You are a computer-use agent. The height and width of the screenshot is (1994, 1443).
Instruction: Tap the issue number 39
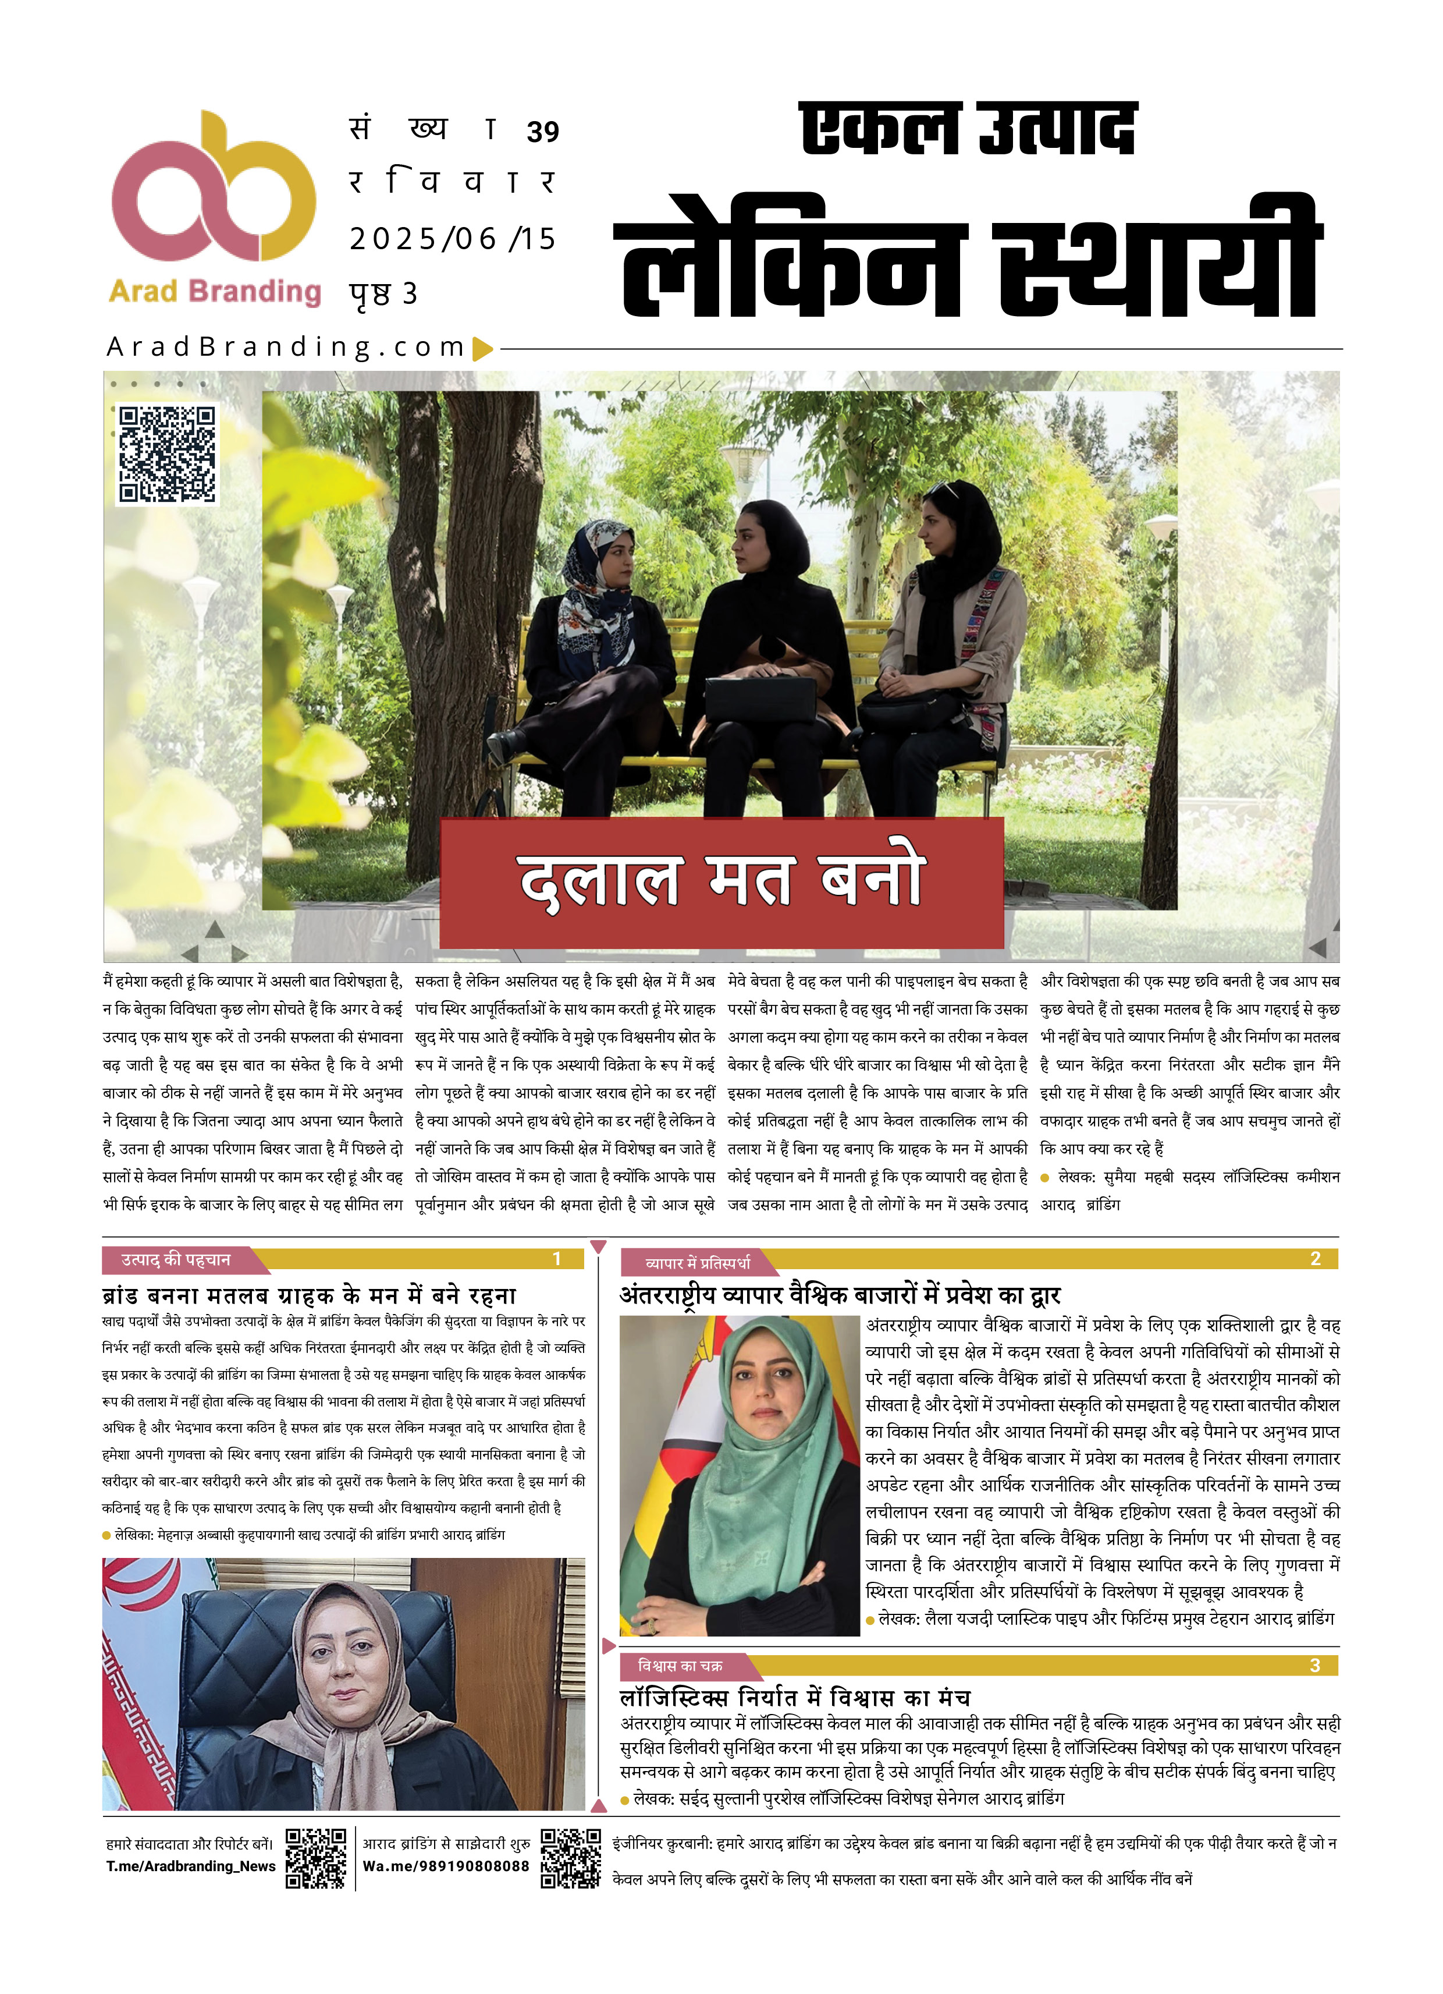(543, 132)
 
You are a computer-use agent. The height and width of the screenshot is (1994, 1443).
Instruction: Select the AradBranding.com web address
(286, 348)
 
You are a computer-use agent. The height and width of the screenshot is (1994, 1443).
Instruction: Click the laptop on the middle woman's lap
(762, 699)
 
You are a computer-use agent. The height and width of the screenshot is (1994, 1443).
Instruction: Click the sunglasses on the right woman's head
(941, 490)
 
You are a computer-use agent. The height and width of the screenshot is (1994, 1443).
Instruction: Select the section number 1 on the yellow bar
(556, 1259)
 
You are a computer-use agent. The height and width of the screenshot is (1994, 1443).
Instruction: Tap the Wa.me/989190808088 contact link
(446, 1867)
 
